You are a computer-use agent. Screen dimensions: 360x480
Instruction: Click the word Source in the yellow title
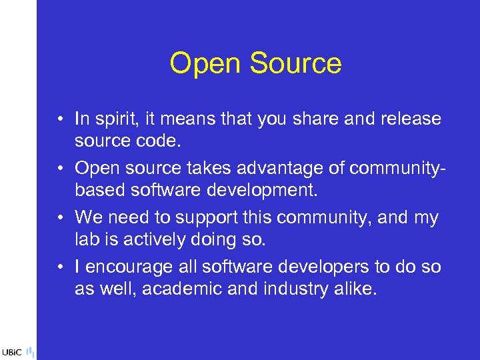(296, 64)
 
